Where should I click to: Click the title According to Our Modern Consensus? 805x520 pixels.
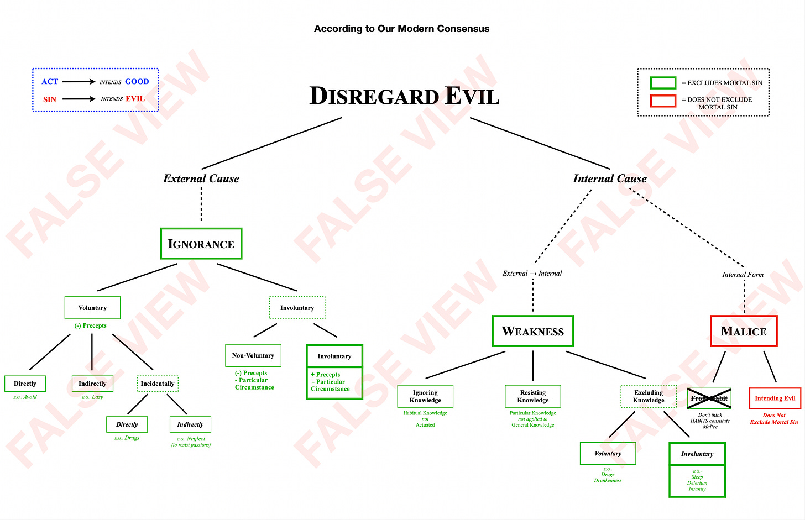pos(401,29)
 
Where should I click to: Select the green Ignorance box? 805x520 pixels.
pos(201,244)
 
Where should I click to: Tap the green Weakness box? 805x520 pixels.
pos(532,331)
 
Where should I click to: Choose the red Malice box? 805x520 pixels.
pos(744,331)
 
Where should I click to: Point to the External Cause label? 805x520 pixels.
pos(201,178)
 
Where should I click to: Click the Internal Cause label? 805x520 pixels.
pos(609,178)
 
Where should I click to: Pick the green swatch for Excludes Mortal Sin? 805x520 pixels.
pos(663,83)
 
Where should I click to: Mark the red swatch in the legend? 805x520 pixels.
pos(663,101)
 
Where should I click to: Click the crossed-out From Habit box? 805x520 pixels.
pos(709,398)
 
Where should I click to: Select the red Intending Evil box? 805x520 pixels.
pos(775,398)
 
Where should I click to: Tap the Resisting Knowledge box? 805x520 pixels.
pos(532,396)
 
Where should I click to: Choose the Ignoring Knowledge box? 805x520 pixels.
pos(425,396)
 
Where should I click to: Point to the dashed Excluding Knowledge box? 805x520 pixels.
pos(649,396)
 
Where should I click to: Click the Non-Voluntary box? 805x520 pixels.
pos(253,355)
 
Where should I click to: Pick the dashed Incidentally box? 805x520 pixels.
pos(158,384)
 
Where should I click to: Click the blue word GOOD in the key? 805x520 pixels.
pos(137,82)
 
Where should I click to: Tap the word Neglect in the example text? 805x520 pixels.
pos(196,439)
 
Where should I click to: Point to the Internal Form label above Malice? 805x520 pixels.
pos(743,275)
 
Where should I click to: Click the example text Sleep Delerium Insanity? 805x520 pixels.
pos(697,482)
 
